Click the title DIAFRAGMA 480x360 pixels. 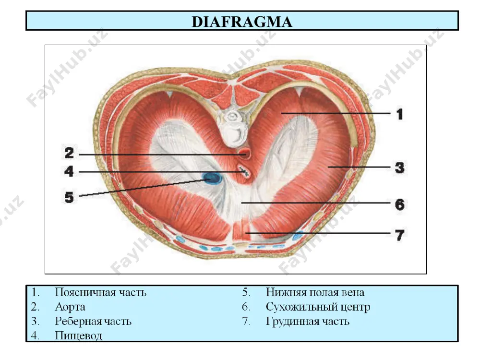coord(242,22)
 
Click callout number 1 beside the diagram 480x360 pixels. coord(399,114)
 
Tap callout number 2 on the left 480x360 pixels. coord(69,153)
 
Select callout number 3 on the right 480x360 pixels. coord(399,168)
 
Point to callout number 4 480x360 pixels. coord(69,171)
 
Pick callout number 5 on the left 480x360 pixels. coord(69,197)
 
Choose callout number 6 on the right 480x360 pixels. coord(399,204)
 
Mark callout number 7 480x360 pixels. coord(399,235)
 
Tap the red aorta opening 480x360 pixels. coord(245,153)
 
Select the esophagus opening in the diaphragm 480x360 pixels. coord(244,172)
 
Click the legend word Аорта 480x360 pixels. coord(70,307)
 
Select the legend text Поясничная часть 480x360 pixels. coord(100,292)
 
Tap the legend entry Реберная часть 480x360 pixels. coord(93,322)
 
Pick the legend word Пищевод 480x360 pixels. coord(78,336)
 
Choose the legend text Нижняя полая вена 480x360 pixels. coord(315,292)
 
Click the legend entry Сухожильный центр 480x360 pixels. coord(318,307)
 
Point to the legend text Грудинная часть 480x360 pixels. coord(307,322)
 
